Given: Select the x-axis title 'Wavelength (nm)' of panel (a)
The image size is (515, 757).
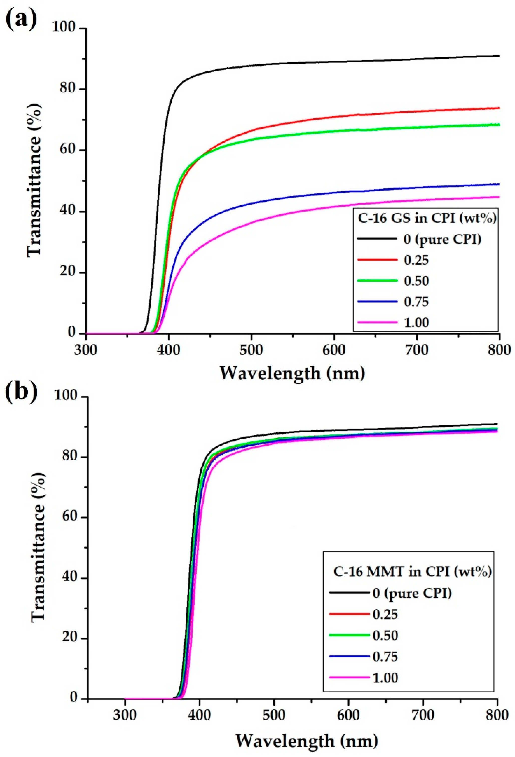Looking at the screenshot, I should [292, 373].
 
